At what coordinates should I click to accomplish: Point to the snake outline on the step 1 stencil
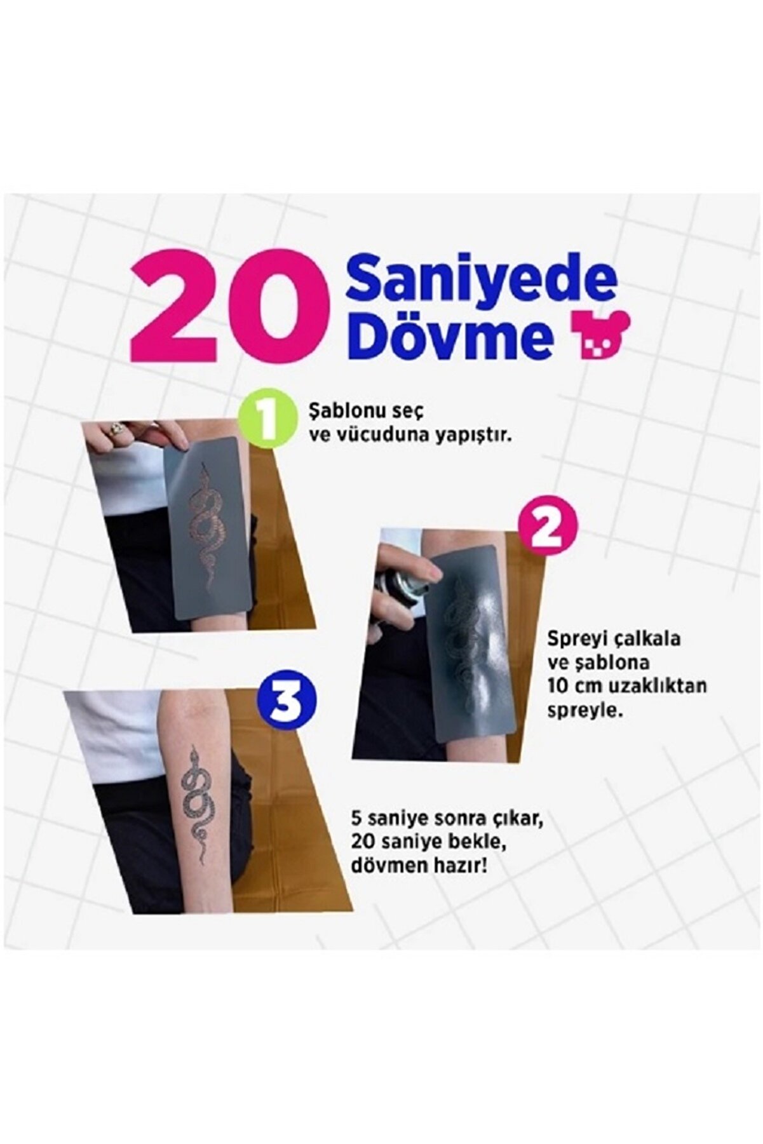[207, 527]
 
